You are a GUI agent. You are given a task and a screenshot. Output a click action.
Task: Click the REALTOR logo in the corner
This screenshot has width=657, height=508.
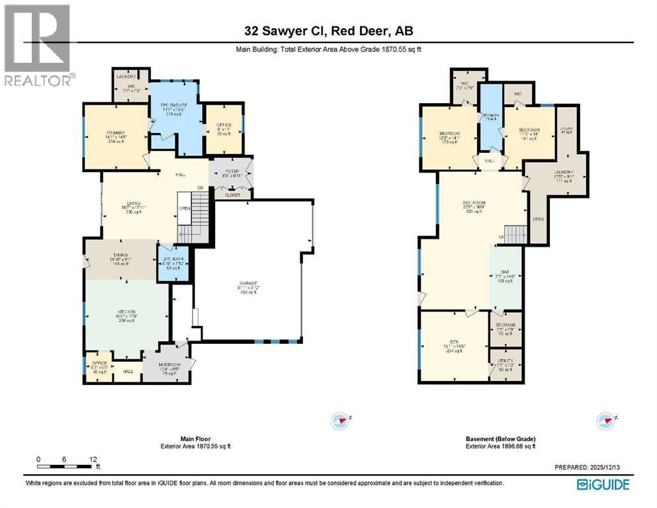[37, 45]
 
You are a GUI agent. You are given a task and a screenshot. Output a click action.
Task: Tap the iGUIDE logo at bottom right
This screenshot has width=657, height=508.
[603, 484]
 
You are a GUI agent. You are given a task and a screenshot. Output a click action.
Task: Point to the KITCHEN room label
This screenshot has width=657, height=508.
[127, 312]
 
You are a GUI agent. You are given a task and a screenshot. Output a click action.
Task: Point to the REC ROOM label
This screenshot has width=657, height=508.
[475, 203]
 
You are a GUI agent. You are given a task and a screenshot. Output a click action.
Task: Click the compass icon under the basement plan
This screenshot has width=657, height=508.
[605, 420]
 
